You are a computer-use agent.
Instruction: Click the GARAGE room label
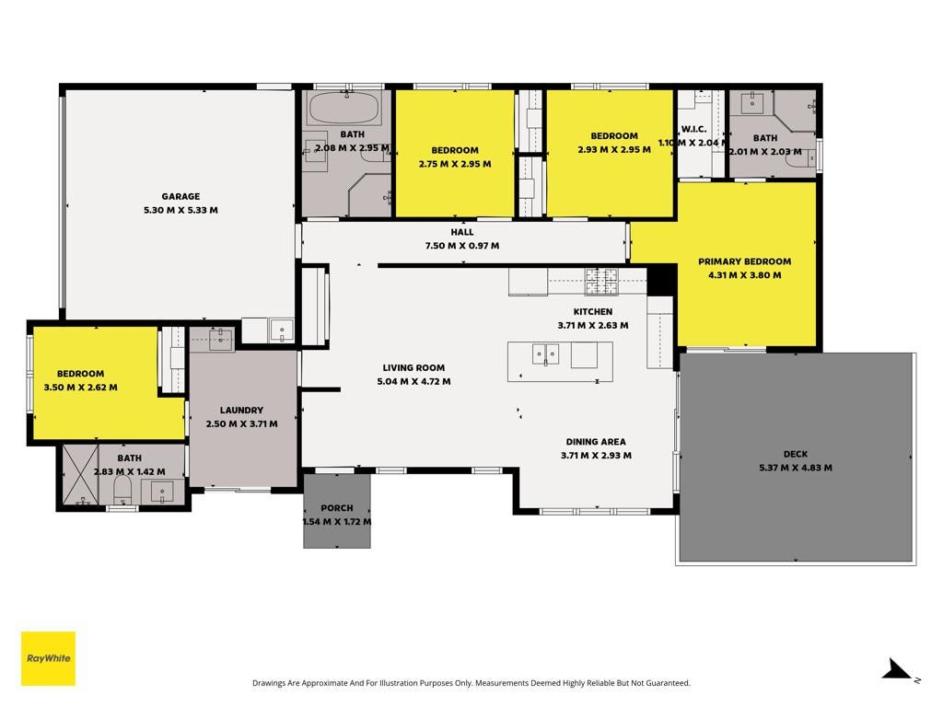(180, 196)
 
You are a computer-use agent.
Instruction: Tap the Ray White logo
(48, 658)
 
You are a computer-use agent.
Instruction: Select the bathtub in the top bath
(343, 109)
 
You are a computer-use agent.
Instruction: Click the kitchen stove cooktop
(601, 282)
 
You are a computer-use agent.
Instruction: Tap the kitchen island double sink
(545, 354)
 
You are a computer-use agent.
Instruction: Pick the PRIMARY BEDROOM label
(744, 261)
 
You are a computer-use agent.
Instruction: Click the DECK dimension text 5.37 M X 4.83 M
(796, 468)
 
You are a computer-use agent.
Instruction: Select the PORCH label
(337, 508)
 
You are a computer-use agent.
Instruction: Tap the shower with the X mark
(80, 475)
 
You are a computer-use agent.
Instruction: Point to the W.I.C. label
(693, 129)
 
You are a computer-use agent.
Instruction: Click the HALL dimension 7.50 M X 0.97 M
(462, 246)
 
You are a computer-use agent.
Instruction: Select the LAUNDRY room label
(242, 410)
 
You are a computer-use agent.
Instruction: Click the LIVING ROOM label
(413, 367)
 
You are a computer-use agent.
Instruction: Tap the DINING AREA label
(596, 442)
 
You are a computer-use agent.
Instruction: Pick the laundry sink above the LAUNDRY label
(221, 339)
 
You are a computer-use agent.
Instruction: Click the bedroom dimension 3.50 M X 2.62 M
(81, 388)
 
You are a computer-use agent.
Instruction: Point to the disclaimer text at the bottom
(471, 683)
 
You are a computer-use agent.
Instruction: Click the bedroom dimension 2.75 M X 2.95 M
(455, 164)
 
